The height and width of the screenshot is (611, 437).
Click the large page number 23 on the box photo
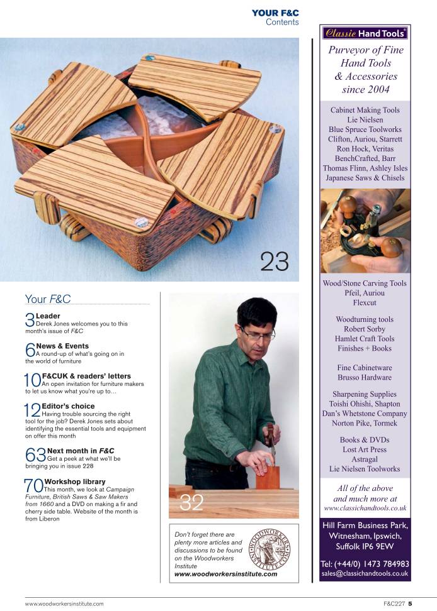coord(275,261)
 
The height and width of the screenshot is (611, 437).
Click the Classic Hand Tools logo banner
coord(365,33)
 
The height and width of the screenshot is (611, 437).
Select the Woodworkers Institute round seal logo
coord(270,549)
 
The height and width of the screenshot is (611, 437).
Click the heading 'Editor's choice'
coord(68,406)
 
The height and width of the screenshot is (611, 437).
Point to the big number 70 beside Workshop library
coord(33,486)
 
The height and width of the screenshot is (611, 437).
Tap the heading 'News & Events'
coord(62,346)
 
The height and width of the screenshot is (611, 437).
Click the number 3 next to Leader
coord(30,320)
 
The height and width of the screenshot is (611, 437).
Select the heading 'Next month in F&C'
coord(81,451)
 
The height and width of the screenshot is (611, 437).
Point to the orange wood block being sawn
coord(268,478)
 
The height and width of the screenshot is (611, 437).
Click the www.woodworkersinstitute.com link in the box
coord(226,574)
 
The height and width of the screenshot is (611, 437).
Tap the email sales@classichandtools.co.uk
coord(365,573)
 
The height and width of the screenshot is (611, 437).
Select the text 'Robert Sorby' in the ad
coord(365,329)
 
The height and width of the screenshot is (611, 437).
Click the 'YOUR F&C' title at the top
coord(275,13)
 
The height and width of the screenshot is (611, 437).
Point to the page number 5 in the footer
coord(410,603)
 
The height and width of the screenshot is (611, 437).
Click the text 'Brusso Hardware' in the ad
coord(365,377)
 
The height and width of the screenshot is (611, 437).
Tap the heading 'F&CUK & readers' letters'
coord(86,376)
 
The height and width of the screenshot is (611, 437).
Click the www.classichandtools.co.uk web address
coord(365,508)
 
